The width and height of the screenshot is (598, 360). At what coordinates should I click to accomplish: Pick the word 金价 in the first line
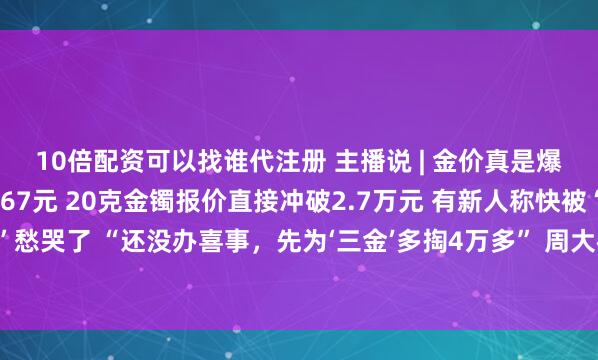[439, 159]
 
